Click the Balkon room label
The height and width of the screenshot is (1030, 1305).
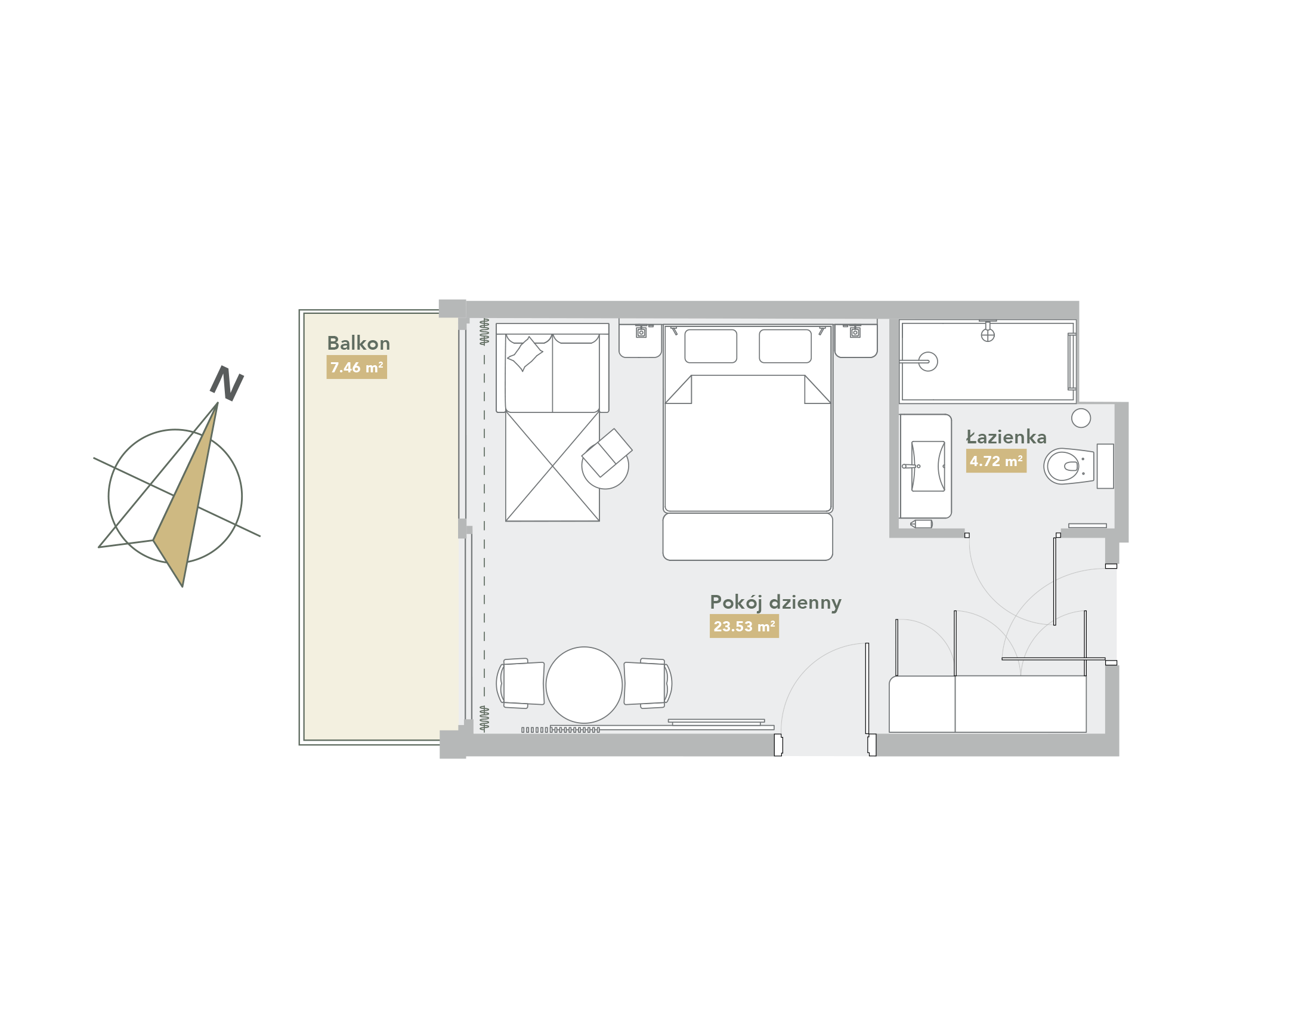[x=358, y=343]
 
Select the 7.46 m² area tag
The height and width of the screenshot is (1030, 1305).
[x=357, y=367]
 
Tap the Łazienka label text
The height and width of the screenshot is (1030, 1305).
[x=1006, y=437]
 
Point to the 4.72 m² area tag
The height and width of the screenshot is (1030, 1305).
[x=996, y=461]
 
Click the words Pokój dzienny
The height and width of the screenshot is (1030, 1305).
[x=775, y=603]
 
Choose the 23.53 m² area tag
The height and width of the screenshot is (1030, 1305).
[x=744, y=626]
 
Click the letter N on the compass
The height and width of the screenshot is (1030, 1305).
[x=227, y=383]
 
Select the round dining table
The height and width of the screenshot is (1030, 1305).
[x=584, y=685]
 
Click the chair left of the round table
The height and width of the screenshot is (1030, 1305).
[x=521, y=683]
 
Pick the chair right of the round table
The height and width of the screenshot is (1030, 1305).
[x=647, y=683]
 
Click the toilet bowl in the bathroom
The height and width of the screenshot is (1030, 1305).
[x=1069, y=466]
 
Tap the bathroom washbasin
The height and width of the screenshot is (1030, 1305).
[x=928, y=466]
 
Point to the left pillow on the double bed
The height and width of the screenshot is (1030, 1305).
[x=711, y=346]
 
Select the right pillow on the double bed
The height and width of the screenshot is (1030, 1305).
[x=786, y=346]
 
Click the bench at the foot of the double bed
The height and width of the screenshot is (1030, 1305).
[x=747, y=536]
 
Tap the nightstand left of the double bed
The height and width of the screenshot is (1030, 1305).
[x=640, y=341]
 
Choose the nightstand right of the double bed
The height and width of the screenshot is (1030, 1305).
[x=856, y=341]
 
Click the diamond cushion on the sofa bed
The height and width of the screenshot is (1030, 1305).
[x=525, y=354]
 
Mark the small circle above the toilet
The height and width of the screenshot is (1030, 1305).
[x=1081, y=418]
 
